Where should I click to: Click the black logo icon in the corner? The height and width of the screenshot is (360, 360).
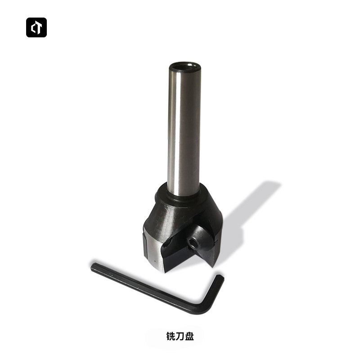click(x=36, y=27)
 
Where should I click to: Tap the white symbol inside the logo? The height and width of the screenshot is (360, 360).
click(x=36, y=27)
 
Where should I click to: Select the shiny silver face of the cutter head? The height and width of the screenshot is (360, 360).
click(x=153, y=254)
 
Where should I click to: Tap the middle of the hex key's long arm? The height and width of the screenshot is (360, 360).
click(x=148, y=288)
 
